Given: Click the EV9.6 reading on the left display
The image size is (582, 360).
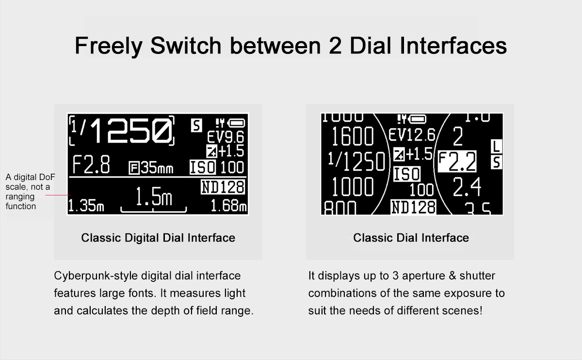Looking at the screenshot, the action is pos(226,137).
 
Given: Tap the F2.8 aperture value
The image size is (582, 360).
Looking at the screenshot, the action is pos(91,164).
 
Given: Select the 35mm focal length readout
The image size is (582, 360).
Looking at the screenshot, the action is pos(151,168).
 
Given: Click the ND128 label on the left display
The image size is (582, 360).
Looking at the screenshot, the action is pos(223,187).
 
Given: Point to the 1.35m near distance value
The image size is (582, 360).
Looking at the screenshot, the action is pos(86,206).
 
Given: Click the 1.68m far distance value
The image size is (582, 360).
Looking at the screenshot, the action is pos(228,206).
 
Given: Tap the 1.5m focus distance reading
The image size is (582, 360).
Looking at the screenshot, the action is pos(154,196).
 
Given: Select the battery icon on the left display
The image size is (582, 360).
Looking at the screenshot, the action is pos(236,123).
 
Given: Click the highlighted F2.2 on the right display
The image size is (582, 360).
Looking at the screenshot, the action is pos(457,162).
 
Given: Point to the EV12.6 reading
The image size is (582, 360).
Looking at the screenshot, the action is pos(412,135).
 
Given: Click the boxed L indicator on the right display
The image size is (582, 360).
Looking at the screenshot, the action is pos(496,147).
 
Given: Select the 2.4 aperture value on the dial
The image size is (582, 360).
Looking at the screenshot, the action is pos(467,187).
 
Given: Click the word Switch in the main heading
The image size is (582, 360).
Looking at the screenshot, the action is pos(186,46).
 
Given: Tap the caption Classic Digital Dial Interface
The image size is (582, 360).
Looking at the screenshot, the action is pos(158,238).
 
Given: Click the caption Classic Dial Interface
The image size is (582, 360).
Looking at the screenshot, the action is pos(411,238).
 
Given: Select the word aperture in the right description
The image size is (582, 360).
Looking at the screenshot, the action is pos(423,276).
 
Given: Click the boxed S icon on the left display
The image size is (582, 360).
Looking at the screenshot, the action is pos(196,125).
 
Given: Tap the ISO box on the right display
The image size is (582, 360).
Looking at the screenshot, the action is pos(407,174).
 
